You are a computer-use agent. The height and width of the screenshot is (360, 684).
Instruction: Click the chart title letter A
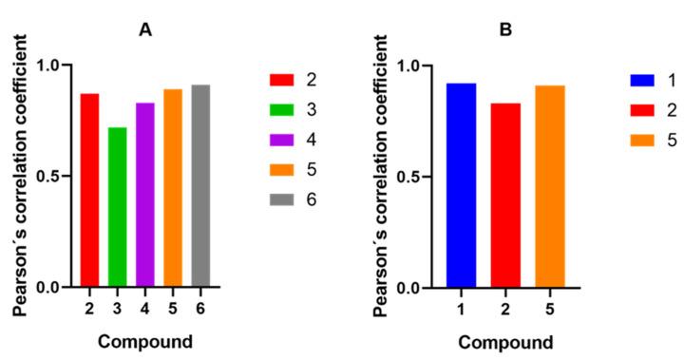144,30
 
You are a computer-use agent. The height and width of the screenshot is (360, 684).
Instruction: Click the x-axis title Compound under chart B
505,342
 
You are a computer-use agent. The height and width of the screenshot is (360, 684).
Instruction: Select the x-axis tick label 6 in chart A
200,308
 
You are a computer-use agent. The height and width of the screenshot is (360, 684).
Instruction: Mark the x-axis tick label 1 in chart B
461,309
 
